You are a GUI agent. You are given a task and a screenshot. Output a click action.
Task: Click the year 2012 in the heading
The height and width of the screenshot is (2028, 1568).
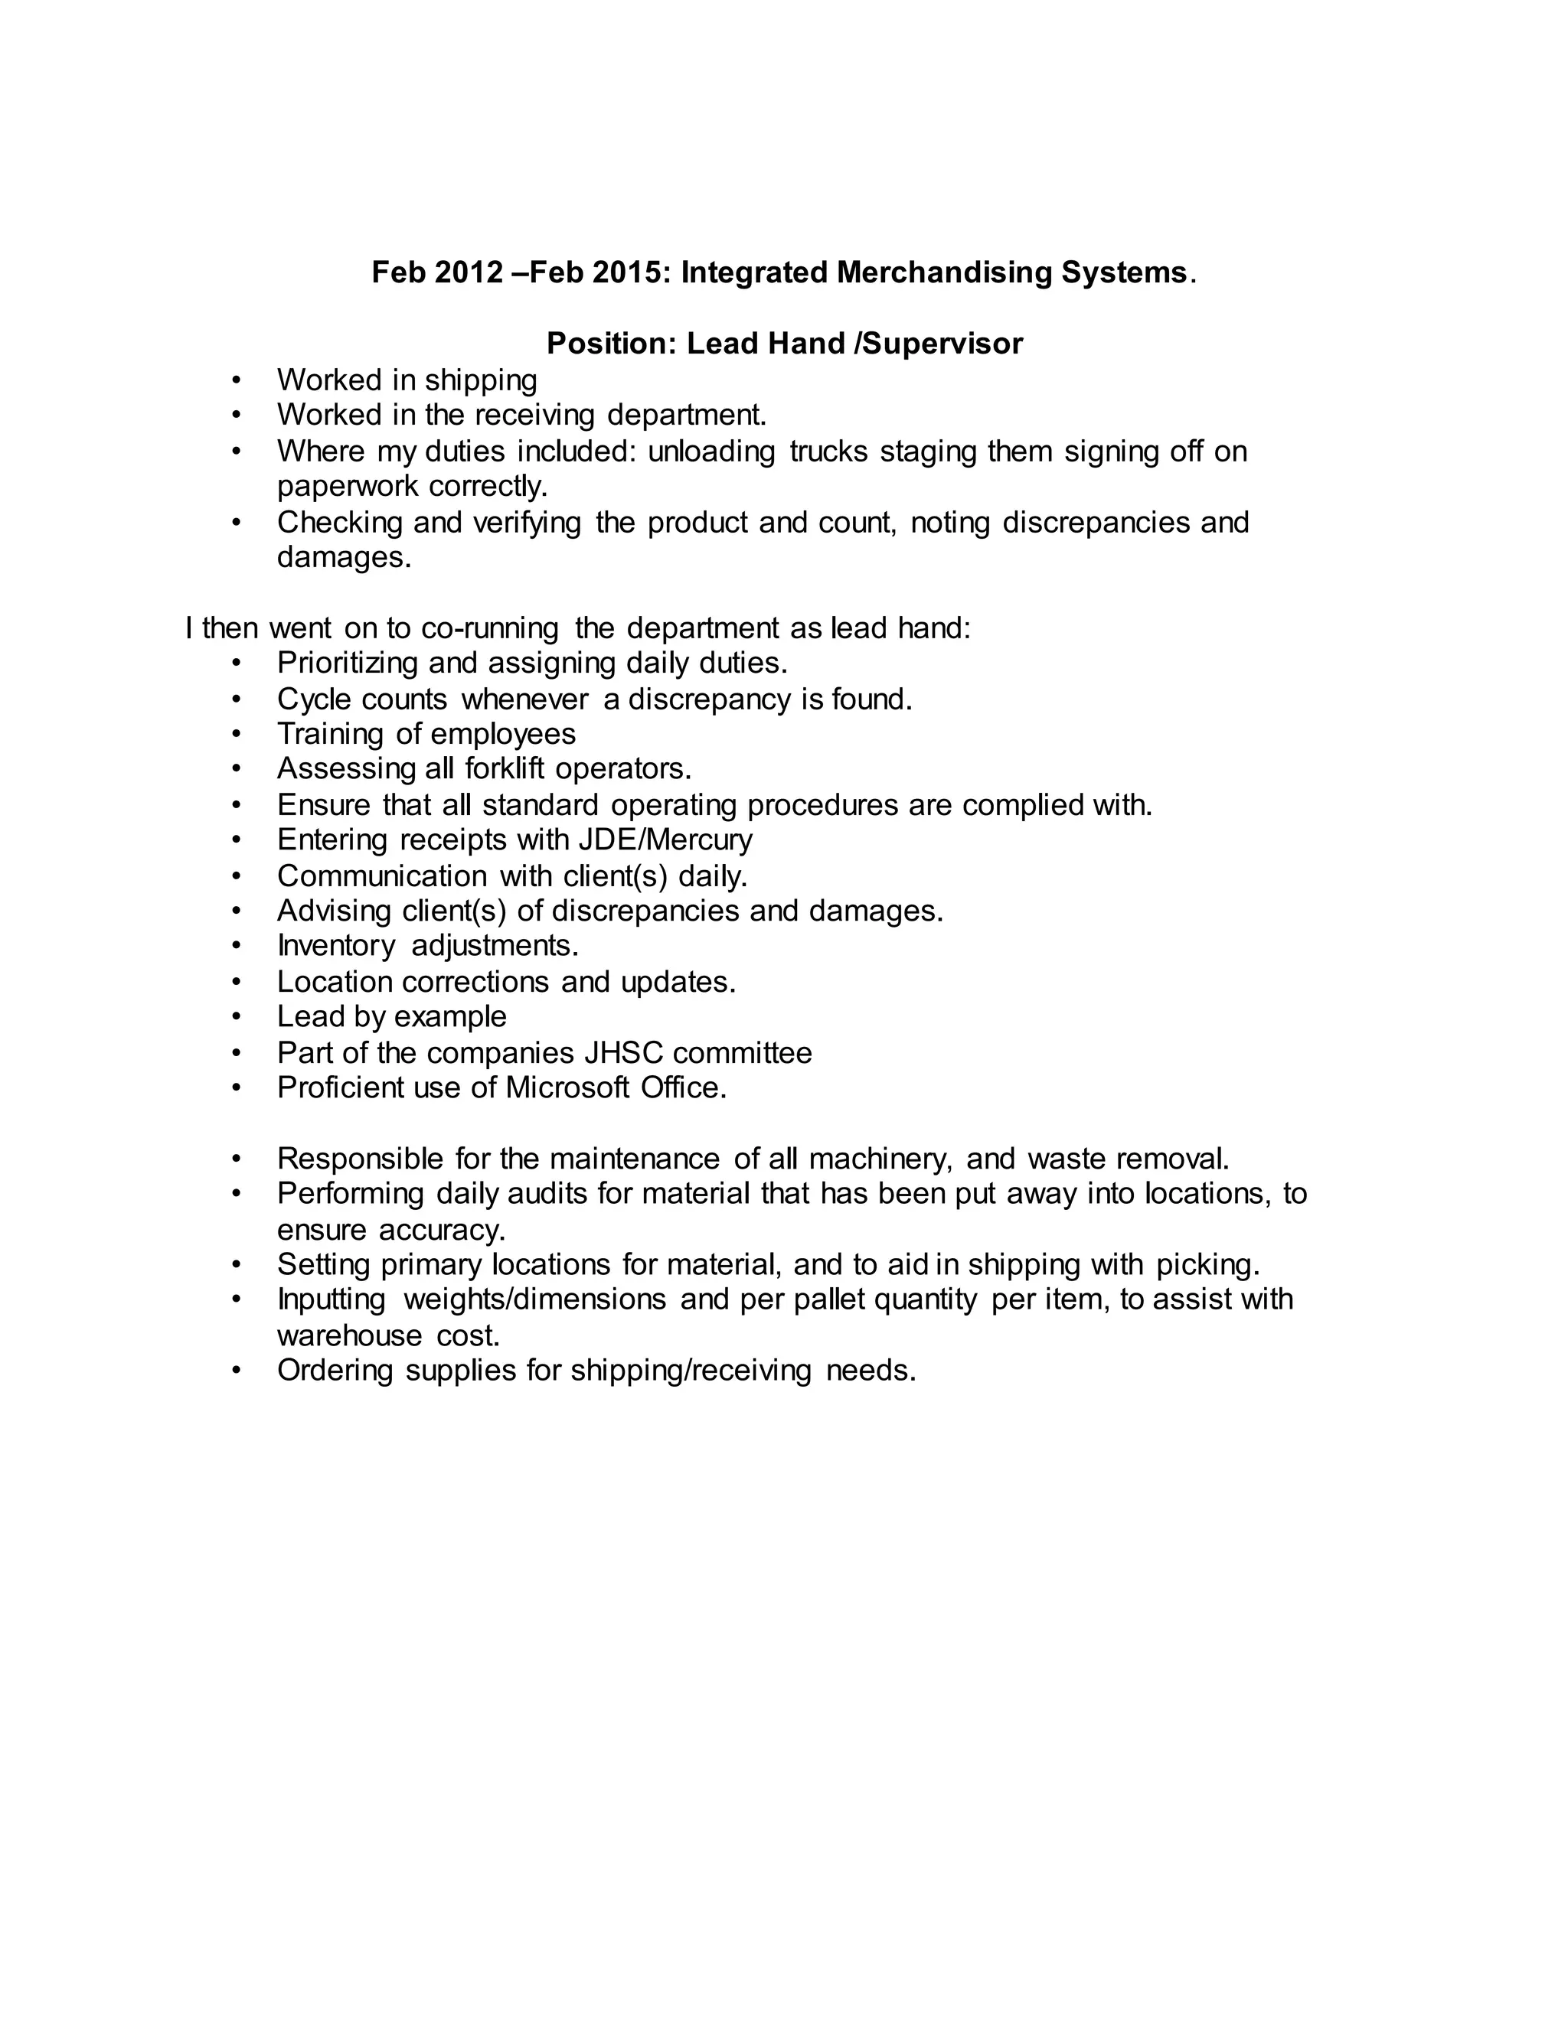(468, 273)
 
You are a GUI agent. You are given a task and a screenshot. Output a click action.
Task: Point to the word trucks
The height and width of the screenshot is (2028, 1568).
(828, 452)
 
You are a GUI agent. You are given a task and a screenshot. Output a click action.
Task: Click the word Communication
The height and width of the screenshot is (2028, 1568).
(382, 875)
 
